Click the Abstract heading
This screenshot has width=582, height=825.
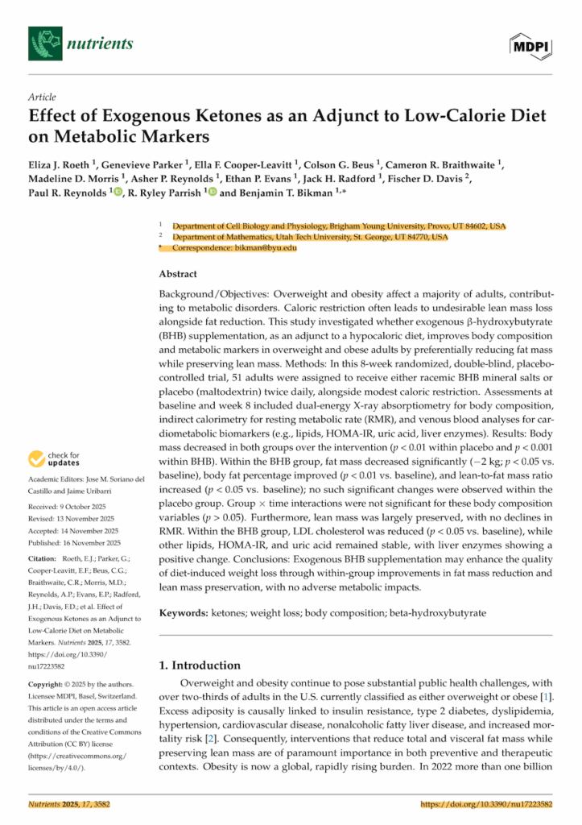pyautogui.click(x=179, y=274)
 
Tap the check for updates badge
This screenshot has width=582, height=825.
pyautogui.click(x=55, y=460)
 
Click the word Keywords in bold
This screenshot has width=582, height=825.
pyautogui.click(x=184, y=613)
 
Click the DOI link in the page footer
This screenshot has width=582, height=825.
pyautogui.click(x=488, y=805)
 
